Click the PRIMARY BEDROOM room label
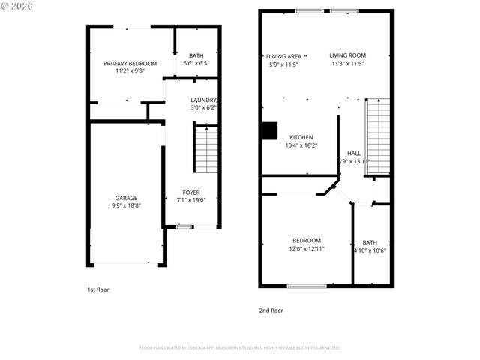pyautogui.click(x=130, y=63)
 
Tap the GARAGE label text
pyautogui.click(x=126, y=198)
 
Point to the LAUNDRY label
pyautogui.click(x=203, y=100)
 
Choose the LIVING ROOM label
pyautogui.click(x=348, y=55)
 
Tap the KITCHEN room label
pyautogui.click(x=301, y=137)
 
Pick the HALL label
pyautogui.click(x=354, y=153)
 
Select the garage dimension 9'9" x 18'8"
pyautogui.click(x=126, y=206)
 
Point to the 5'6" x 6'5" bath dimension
pyautogui.click(x=196, y=64)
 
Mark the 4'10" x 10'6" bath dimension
pyautogui.click(x=370, y=250)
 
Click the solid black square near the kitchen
pyautogui.click(x=268, y=130)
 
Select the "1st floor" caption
pyautogui.click(x=97, y=289)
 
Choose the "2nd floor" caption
pyautogui.click(x=271, y=310)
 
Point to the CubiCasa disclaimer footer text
pyautogui.click(x=240, y=348)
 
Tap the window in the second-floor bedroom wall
pyautogui.click(x=307, y=285)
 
